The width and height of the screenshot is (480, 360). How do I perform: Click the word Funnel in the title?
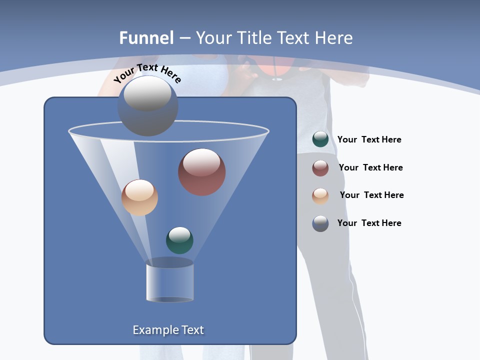click(x=146, y=38)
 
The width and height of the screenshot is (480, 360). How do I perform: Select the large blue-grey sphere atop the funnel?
click(x=147, y=106)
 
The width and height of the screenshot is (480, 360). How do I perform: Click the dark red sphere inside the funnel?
click(x=202, y=172)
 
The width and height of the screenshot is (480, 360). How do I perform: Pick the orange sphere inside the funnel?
click(x=139, y=197)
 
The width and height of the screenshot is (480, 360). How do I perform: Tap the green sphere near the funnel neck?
click(x=179, y=240)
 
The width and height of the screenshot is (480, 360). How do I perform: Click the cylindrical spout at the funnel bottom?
click(x=170, y=281)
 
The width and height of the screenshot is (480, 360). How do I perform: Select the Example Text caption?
click(x=168, y=330)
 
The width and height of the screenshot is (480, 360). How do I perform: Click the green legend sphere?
click(x=320, y=139)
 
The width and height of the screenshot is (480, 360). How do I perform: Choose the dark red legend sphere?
click(x=320, y=168)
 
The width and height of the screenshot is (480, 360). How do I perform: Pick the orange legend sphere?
click(x=320, y=195)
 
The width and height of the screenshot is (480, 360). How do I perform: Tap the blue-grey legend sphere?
click(x=320, y=223)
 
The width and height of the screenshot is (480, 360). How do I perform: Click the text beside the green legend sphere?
click(x=369, y=140)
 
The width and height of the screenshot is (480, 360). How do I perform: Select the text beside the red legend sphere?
click(x=370, y=168)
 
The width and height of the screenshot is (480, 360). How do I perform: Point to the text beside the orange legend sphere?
click(x=371, y=195)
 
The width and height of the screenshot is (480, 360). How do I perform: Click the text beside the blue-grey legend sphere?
click(x=369, y=223)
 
